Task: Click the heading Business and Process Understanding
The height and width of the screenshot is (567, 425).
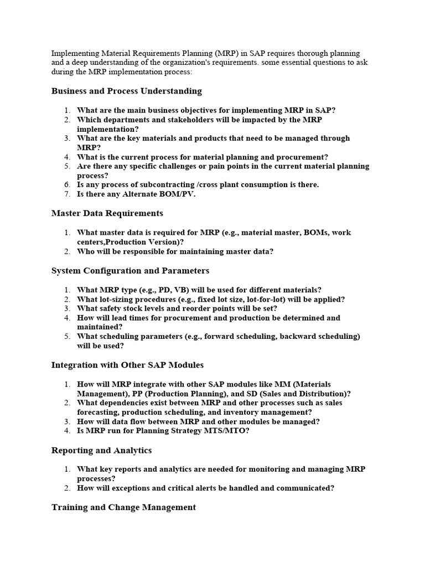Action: coord(126,91)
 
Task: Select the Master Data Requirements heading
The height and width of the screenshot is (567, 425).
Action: coord(107,213)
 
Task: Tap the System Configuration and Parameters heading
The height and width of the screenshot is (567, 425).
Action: coord(130,271)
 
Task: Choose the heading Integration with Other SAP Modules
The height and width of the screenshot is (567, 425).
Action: coord(127,365)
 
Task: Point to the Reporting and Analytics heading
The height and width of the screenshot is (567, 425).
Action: coord(101,450)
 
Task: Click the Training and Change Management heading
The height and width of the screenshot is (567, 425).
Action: coord(123,507)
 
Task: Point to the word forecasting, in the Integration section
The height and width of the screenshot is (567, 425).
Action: coord(98,412)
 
